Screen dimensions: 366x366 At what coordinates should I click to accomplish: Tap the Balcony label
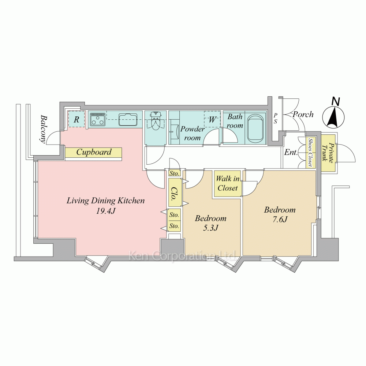[43, 128]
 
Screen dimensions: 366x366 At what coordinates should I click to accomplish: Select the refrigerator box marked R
[76, 119]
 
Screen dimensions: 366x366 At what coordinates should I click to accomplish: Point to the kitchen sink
[128, 120]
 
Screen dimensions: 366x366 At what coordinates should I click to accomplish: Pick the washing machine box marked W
[212, 119]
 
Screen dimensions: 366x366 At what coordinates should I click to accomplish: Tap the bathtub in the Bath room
[255, 128]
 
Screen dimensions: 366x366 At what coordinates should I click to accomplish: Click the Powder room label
[193, 133]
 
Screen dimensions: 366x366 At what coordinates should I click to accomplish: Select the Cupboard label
[94, 152]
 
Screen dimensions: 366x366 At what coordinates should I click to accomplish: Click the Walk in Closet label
[228, 183]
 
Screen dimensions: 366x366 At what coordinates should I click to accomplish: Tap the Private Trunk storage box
[328, 153]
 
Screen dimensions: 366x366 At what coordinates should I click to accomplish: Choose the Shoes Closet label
[310, 152]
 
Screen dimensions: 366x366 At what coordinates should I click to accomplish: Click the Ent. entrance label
[291, 152]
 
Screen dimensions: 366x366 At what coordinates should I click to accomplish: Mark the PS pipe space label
[276, 118]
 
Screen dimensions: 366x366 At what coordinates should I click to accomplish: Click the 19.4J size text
[106, 211]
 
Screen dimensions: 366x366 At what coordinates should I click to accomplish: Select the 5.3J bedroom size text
[210, 228]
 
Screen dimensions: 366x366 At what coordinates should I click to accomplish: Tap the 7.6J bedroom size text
[280, 219]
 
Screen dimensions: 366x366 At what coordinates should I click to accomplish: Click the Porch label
[303, 114]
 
